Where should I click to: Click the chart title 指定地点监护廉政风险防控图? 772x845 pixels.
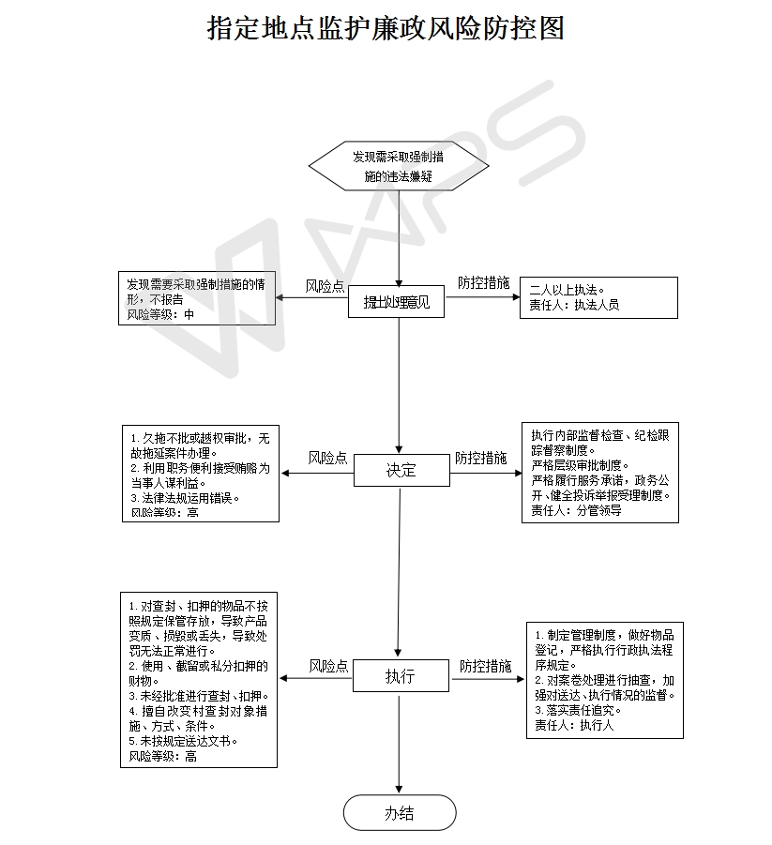point(386,28)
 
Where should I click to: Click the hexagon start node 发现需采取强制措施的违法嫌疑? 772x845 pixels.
point(399,166)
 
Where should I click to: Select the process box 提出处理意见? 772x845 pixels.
point(398,302)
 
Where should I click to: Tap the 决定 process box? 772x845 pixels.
point(401,470)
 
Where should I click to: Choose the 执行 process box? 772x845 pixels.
point(401,675)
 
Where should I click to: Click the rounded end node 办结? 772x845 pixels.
point(400,812)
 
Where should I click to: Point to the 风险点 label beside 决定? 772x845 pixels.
point(327,459)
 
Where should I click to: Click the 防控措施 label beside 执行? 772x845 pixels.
point(485,666)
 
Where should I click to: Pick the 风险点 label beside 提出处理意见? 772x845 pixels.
point(325,287)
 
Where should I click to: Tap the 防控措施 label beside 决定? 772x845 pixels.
point(481,459)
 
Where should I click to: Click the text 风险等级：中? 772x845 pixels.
point(160,315)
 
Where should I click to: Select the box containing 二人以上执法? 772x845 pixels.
point(598,297)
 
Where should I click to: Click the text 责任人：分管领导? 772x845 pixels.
point(576,511)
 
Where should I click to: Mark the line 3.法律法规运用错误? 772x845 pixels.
point(185,498)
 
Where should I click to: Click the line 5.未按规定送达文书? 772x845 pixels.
point(183,740)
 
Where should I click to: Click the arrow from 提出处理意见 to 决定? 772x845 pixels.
point(400,385)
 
